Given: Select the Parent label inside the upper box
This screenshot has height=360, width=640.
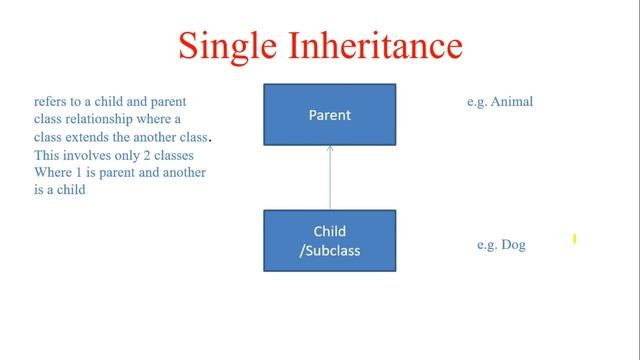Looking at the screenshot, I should tap(329, 115).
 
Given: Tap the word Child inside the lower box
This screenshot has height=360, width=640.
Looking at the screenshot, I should tap(329, 232).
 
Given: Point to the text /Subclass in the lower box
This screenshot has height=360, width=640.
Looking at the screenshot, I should tap(329, 250).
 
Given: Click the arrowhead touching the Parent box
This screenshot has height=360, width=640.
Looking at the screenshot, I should tap(330, 149).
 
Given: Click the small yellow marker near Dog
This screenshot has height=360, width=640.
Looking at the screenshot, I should tap(575, 239).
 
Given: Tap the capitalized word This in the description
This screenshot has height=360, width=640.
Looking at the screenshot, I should tap(46, 155).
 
